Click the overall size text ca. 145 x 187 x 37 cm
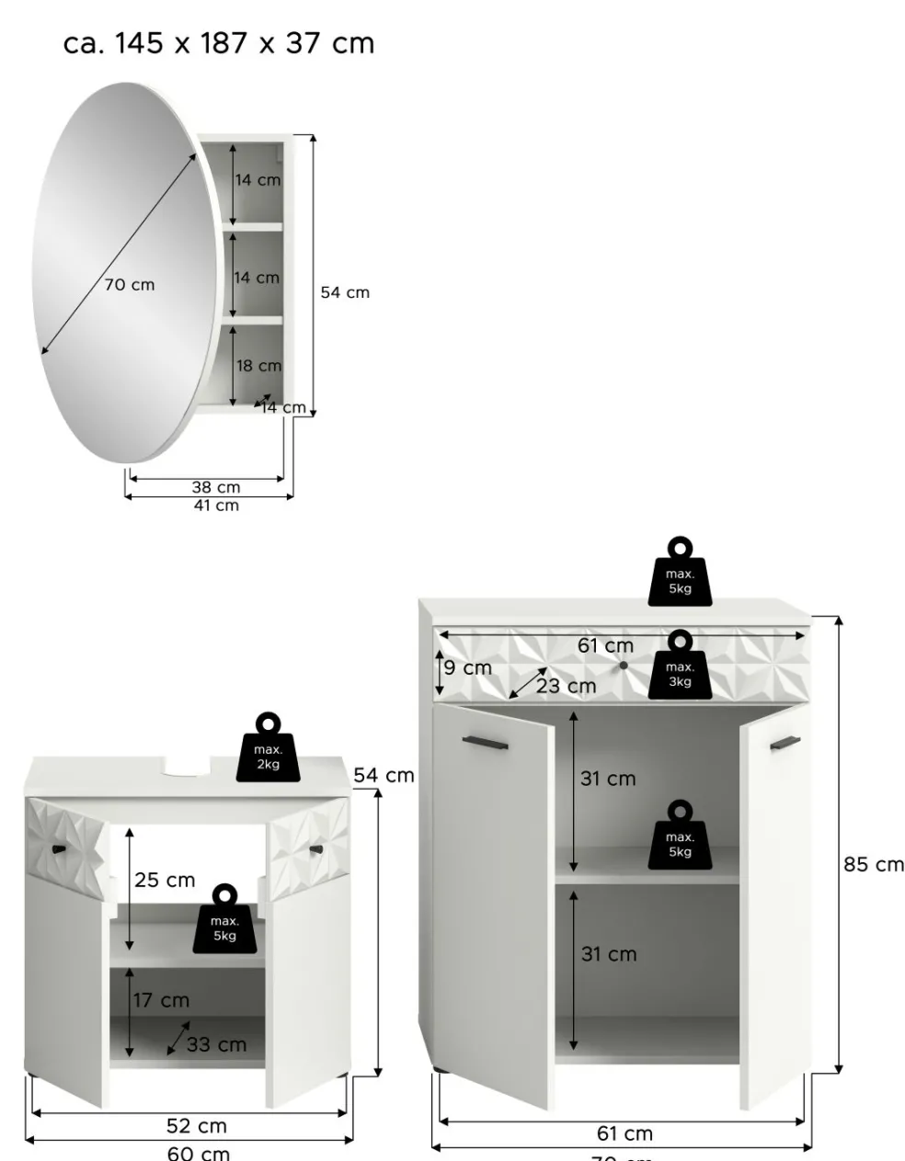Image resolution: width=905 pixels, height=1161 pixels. (x=219, y=43)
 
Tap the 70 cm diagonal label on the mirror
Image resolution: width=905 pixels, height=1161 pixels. (x=130, y=285)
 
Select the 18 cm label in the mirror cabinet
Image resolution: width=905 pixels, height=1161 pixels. (x=258, y=366)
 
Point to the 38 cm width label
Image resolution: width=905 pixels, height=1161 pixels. (x=215, y=487)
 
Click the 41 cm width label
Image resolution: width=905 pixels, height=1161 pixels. (x=215, y=506)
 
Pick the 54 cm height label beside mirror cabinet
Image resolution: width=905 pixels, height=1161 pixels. (x=345, y=292)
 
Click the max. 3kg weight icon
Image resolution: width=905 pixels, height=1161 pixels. (x=680, y=666)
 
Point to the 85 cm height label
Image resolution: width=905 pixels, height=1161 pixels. (x=874, y=864)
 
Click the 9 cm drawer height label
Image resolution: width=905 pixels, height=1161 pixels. (x=468, y=668)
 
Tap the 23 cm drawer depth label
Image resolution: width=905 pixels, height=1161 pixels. (x=567, y=687)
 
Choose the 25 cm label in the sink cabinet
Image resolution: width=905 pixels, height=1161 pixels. (x=165, y=881)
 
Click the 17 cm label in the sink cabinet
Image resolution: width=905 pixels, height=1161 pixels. (x=161, y=1000)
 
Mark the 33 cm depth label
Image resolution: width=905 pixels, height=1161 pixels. (x=216, y=1044)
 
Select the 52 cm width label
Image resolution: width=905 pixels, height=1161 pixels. (x=197, y=1126)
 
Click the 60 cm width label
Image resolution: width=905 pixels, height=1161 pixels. (x=199, y=1153)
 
